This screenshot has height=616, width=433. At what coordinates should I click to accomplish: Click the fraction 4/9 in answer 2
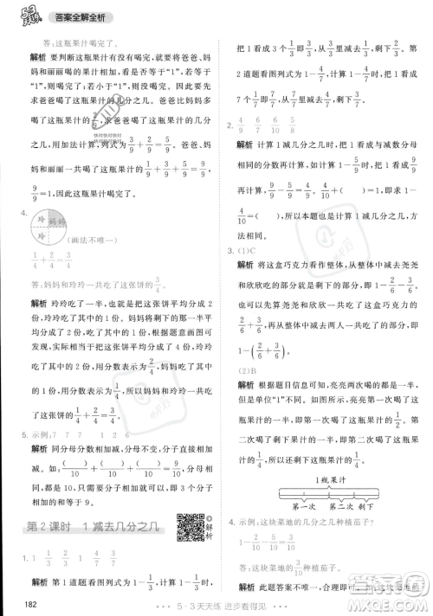tap(241, 127)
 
